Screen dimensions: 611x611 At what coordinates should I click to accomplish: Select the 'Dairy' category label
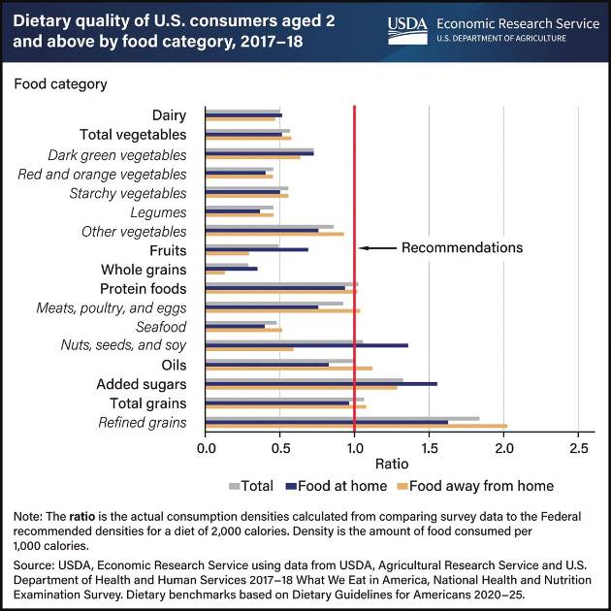click(170, 115)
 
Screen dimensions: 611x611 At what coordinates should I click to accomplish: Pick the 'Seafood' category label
click(162, 327)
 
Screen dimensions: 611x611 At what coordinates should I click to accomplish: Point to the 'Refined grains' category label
click(143, 422)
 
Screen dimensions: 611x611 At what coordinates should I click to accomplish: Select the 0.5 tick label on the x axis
click(280, 449)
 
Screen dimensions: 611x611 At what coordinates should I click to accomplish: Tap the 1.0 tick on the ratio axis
click(355, 449)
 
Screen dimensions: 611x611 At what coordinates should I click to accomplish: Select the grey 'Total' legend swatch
click(235, 486)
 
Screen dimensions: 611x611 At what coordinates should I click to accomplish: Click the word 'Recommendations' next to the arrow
click(462, 247)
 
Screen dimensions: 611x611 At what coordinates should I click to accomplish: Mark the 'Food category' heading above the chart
click(60, 83)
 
